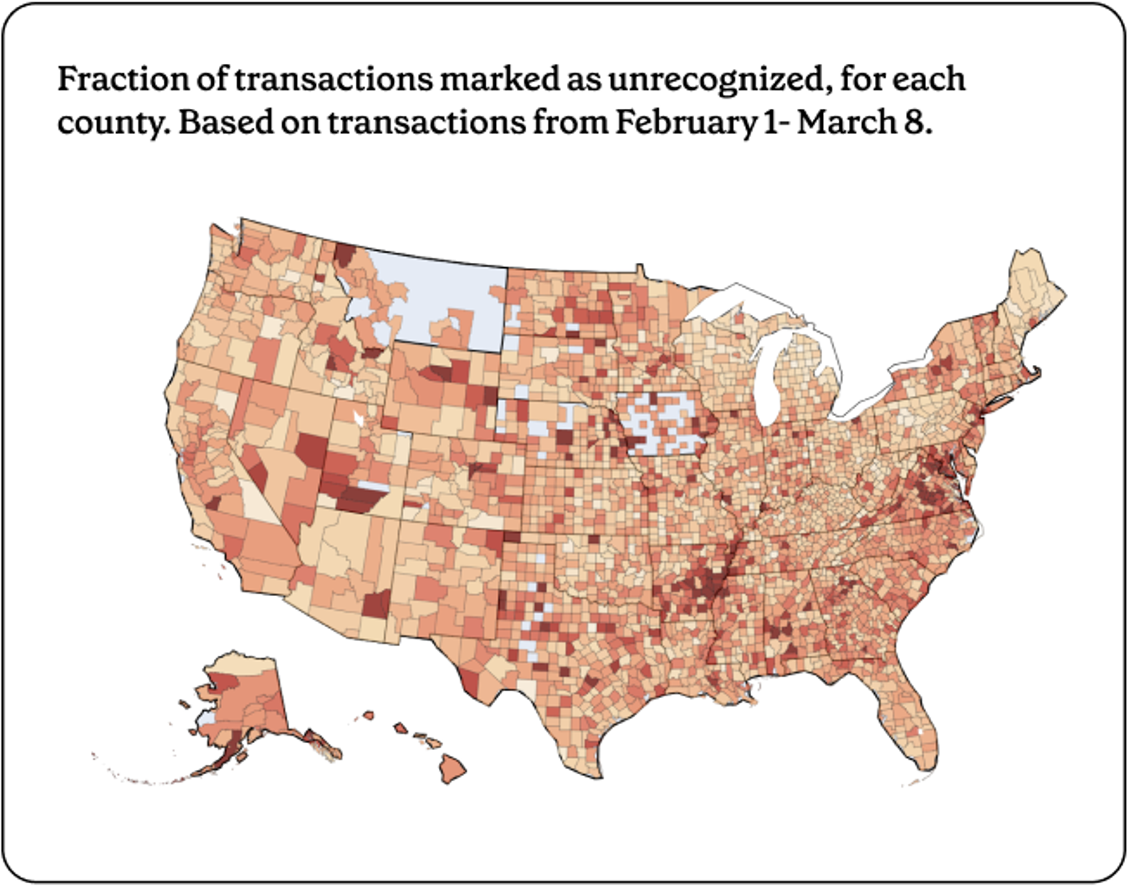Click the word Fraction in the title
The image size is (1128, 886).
pos(124,78)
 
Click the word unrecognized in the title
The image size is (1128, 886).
pos(716,78)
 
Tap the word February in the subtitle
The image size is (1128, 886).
pos(685,122)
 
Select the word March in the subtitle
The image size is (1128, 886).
pos(846,122)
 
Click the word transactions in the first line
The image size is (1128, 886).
pos(333,78)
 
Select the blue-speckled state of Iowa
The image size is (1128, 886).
pos(666,423)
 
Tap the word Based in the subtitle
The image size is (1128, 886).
pos(226,122)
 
